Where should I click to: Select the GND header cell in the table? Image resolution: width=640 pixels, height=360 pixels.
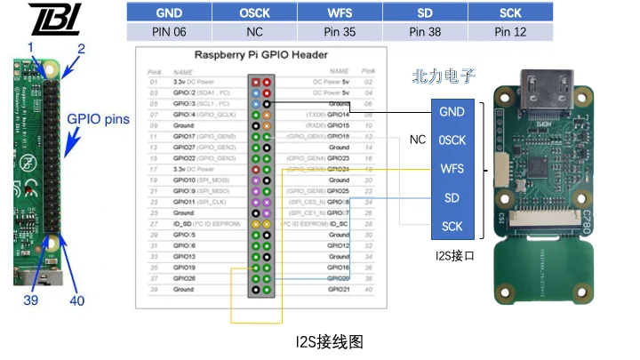(169, 13)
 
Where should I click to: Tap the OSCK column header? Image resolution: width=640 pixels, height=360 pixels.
(254, 13)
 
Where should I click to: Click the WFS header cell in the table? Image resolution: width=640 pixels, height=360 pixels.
(340, 13)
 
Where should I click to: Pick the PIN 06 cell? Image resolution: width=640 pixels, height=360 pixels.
(169, 31)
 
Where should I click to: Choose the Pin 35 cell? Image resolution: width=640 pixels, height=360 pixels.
(340, 31)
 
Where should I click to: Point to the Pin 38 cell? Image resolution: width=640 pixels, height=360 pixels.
(425, 31)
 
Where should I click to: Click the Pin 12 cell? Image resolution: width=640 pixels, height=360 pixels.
(510, 31)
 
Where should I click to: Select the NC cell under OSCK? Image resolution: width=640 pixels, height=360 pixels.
(254, 31)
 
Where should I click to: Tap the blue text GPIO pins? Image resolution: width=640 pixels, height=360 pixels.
(99, 118)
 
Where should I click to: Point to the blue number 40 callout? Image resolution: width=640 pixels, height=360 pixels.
(77, 300)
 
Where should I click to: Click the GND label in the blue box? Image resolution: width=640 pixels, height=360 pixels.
(452, 112)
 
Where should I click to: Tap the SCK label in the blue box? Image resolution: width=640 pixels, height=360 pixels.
(452, 227)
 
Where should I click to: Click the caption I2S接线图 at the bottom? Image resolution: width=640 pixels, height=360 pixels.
(329, 340)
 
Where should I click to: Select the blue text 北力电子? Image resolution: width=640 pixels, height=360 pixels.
(443, 77)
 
